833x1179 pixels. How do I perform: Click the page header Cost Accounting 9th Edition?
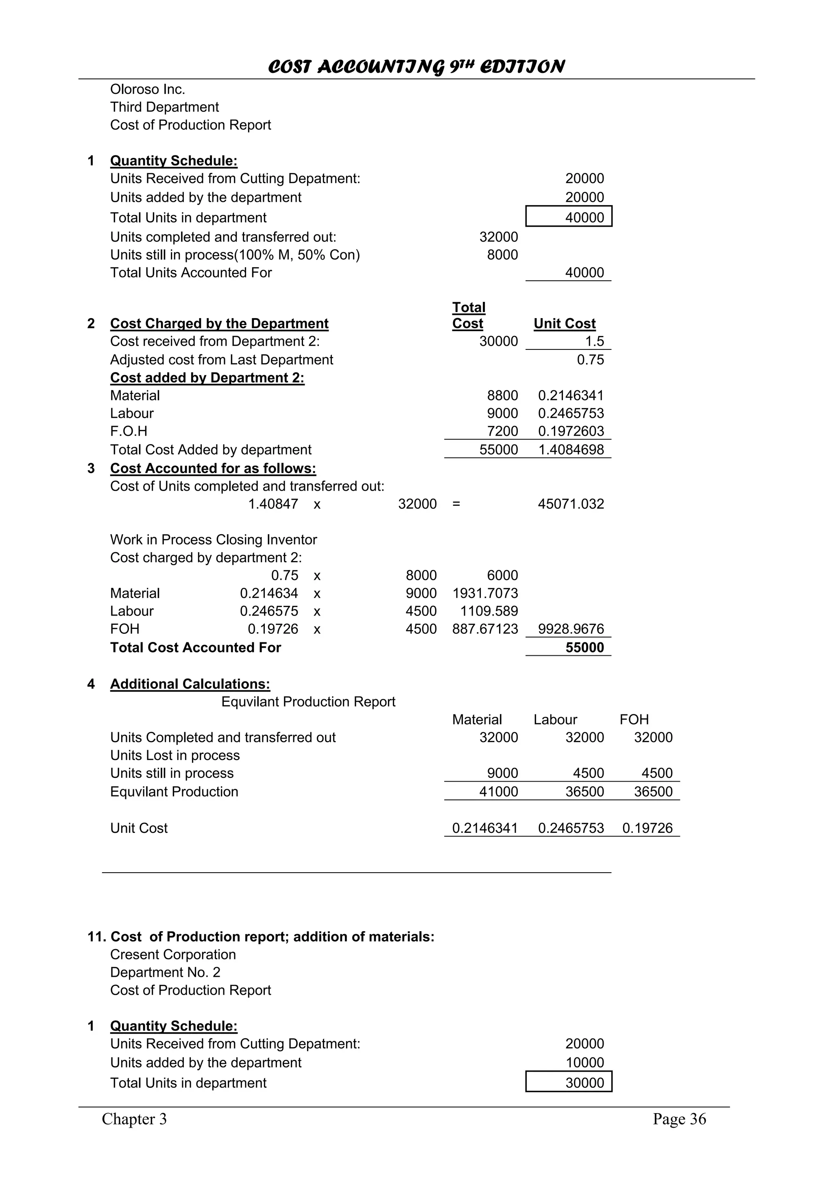point(416,67)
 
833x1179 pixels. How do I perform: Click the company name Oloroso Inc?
point(147,90)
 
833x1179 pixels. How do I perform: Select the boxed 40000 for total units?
point(584,217)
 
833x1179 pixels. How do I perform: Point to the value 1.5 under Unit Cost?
point(594,341)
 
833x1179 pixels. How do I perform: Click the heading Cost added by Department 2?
point(207,378)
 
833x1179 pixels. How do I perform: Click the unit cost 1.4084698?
point(571,450)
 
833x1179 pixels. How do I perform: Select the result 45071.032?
point(571,504)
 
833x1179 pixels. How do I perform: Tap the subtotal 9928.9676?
point(571,629)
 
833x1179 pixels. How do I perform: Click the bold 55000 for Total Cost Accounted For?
point(584,648)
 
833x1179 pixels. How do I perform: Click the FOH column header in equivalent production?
point(634,719)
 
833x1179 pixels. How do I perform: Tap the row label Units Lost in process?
point(174,755)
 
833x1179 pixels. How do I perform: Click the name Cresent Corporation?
point(173,954)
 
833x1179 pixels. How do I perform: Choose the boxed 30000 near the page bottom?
point(584,1083)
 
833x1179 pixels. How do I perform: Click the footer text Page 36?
point(679,1119)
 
